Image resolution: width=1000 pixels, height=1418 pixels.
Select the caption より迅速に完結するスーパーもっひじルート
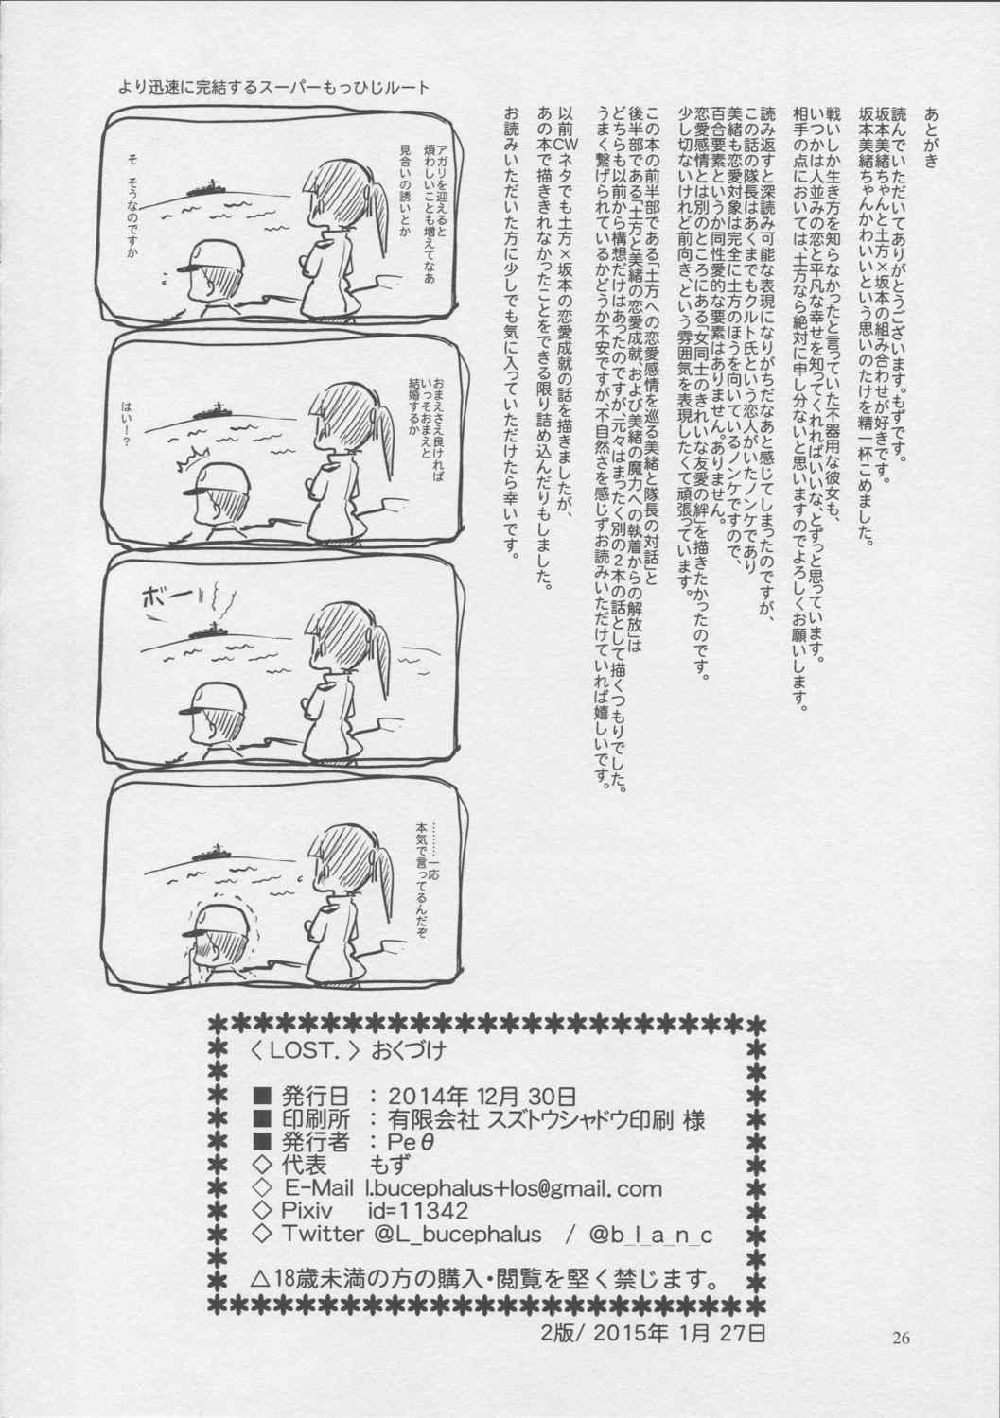[273, 87]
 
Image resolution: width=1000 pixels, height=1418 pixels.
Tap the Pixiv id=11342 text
[375, 1211]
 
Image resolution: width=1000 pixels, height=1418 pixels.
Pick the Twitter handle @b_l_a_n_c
[649, 1235]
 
